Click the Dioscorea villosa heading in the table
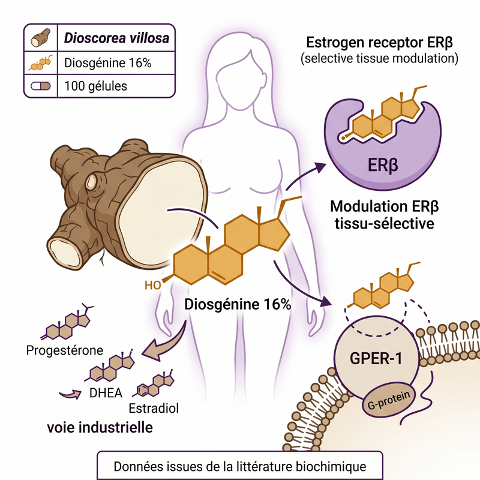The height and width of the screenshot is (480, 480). (116, 38)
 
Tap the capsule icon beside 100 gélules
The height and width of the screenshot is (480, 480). (40, 86)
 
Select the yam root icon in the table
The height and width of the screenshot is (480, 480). (40, 38)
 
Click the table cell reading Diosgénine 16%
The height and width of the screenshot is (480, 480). (108, 63)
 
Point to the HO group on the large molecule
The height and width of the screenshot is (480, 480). (153, 286)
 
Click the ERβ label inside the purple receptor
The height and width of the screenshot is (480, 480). (383, 166)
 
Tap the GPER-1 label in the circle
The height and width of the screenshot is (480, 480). (376, 358)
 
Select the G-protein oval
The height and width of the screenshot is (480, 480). (388, 401)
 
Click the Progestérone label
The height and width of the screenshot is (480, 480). (65, 350)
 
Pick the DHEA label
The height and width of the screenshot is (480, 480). (106, 393)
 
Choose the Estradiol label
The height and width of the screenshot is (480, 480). (154, 409)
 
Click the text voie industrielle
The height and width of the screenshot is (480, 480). (100, 427)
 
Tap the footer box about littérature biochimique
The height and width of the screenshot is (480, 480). (240, 466)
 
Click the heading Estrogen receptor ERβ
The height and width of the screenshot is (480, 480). (379, 42)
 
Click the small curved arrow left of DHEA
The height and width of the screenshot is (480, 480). (70, 394)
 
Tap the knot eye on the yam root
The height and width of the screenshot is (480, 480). (91, 182)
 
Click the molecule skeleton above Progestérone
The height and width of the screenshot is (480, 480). (67, 322)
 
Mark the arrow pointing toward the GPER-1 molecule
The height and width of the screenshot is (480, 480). (298, 286)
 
